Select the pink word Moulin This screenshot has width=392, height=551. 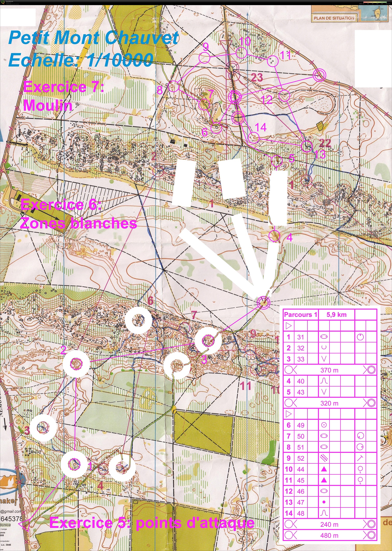48,105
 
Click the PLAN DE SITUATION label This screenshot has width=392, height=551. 334,18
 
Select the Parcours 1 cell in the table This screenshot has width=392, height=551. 300,315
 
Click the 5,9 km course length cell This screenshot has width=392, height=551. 336,315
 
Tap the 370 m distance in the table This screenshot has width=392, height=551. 329,370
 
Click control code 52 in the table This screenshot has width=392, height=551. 300,458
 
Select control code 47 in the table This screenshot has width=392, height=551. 300,502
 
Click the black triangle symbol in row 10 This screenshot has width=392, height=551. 324,469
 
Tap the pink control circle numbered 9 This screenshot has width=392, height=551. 204,58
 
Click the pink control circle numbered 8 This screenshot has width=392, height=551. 174,86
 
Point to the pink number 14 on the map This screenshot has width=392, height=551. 261,127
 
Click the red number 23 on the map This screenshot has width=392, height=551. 257,77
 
